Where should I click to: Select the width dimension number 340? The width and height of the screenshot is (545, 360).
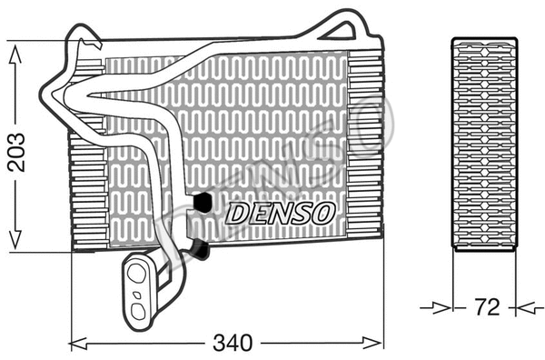click(x=232, y=344)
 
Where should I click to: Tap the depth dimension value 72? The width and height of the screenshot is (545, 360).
click(x=487, y=307)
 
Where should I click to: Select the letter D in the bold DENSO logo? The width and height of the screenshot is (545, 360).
click(x=236, y=213)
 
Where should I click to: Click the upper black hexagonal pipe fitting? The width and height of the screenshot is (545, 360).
click(x=203, y=201)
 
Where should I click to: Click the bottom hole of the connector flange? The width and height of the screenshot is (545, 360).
click(x=137, y=309)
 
